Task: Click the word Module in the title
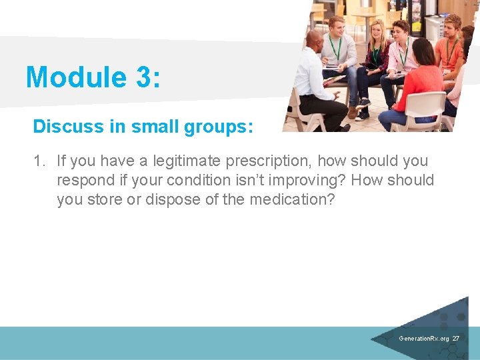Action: (73, 77)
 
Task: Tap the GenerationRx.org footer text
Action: (423, 339)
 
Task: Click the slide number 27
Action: (456, 339)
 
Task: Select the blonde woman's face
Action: (377, 31)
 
